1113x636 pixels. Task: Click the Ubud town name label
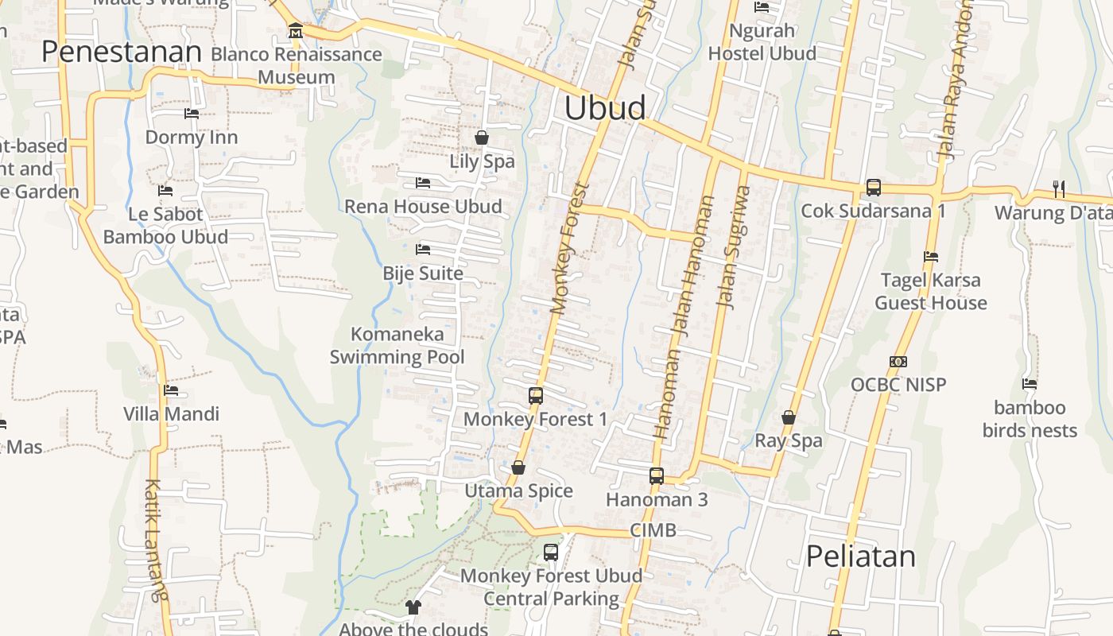point(604,108)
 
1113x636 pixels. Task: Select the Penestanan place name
point(122,52)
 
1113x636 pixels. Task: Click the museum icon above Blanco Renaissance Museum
point(296,31)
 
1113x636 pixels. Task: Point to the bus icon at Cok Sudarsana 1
point(873,188)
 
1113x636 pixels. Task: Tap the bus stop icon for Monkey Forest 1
point(536,395)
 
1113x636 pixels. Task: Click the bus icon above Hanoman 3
point(657,476)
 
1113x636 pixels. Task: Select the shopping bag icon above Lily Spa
point(482,138)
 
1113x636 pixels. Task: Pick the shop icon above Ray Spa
point(789,417)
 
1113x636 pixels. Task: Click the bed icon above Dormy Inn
point(192,114)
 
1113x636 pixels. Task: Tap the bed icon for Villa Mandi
point(171,390)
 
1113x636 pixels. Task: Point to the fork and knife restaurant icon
point(1058,188)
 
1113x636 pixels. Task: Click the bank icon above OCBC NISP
point(898,362)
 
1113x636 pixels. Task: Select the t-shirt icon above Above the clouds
point(413,607)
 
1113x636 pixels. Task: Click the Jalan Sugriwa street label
point(734,246)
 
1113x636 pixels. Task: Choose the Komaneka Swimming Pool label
point(397,345)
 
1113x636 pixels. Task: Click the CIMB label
point(653,530)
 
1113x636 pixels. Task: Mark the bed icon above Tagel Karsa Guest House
point(931,257)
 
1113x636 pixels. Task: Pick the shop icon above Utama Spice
point(518,467)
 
